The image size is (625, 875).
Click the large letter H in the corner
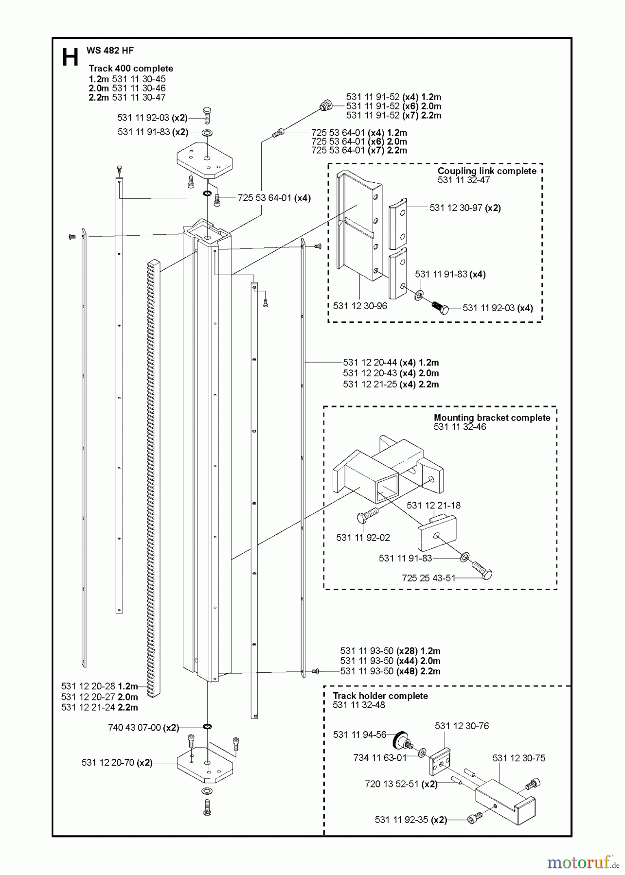pos(70,57)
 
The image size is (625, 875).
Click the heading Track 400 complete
pos(130,69)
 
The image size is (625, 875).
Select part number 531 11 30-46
pos(139,88)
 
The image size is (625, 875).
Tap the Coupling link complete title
pos(486,171)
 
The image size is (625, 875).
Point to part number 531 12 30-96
pos(360,306)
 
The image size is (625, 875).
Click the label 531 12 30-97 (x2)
pos(464,208)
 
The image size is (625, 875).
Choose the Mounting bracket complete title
pos(492,418)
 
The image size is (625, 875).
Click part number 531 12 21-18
pos(433,505)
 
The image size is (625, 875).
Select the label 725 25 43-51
pos(429,578)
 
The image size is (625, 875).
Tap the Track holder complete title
pos(380,696)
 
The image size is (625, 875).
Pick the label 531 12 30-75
pos(518,758)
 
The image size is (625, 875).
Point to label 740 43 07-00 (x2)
pos(143,728)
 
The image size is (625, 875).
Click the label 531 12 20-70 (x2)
pos(117,763)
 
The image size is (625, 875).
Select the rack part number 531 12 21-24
pos(99,707)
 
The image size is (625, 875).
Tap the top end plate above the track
pos(204,158)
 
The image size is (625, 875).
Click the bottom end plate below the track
pos(205,765)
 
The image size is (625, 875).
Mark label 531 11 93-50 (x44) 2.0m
pos(390,661)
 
